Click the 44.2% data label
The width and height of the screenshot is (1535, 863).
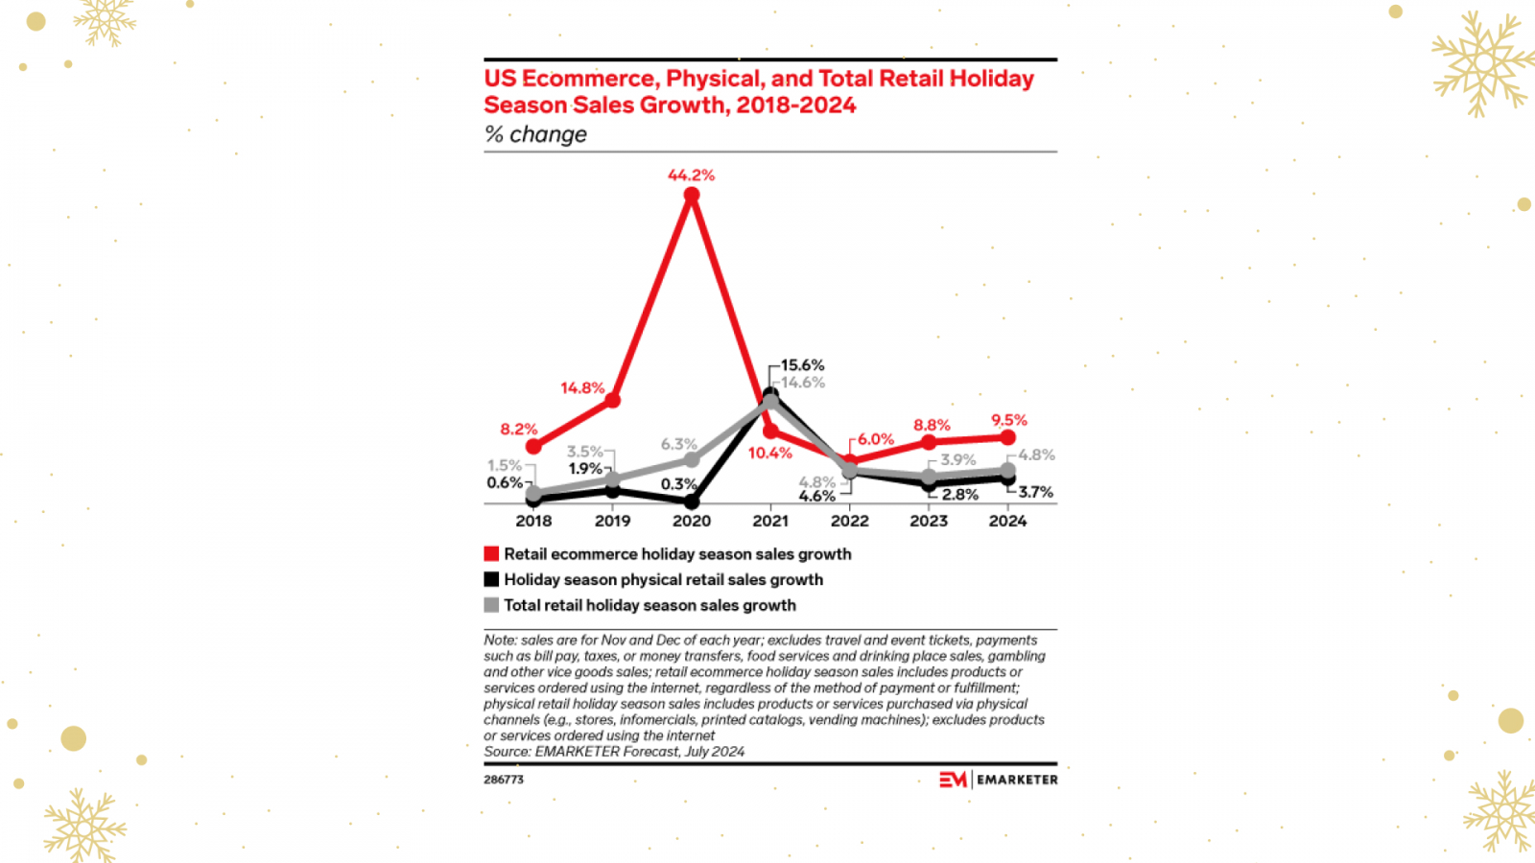[x=691, y=175]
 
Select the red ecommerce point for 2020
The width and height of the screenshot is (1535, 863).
[x=691, y=196]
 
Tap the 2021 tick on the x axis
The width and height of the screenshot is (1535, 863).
[x=770, y=521]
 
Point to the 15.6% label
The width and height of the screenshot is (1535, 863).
[x=802, y=365]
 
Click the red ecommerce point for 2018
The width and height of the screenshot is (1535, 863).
[x=533, y=447]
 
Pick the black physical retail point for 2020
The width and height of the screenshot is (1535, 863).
[x=691, y=501]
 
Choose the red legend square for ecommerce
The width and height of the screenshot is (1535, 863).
[x=491, y=554]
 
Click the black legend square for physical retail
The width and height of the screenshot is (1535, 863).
[x=491, y=579]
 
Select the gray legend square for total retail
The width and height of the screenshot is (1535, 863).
[x=491, y=605]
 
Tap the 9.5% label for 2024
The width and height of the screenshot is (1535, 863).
[x=1009, y=420]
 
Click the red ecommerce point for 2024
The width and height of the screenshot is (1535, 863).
[x=1007, y=437]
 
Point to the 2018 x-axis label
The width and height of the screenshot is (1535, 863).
[x=533, y=521]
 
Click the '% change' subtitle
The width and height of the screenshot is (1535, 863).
[x=535, y=134]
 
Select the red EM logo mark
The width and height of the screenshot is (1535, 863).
[x=953, y=780]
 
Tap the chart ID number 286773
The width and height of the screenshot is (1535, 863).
[x=504, y=780]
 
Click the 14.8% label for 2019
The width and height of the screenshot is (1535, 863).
[x=582, y=388]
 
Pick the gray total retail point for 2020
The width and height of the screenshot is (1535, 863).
[x=691, y=460]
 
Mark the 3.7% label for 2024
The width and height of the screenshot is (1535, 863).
[x=1035, y=492]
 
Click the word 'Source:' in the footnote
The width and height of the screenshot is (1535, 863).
[x=508, y=752]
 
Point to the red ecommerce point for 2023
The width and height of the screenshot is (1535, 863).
[x=929, y=442]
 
